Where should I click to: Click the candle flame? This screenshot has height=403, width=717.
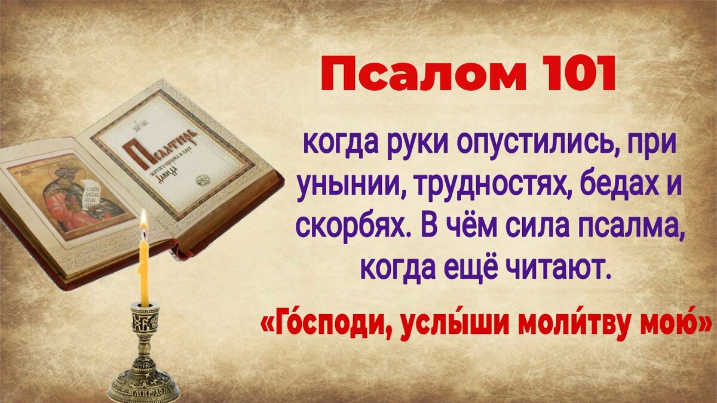(x=143, y=220)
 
